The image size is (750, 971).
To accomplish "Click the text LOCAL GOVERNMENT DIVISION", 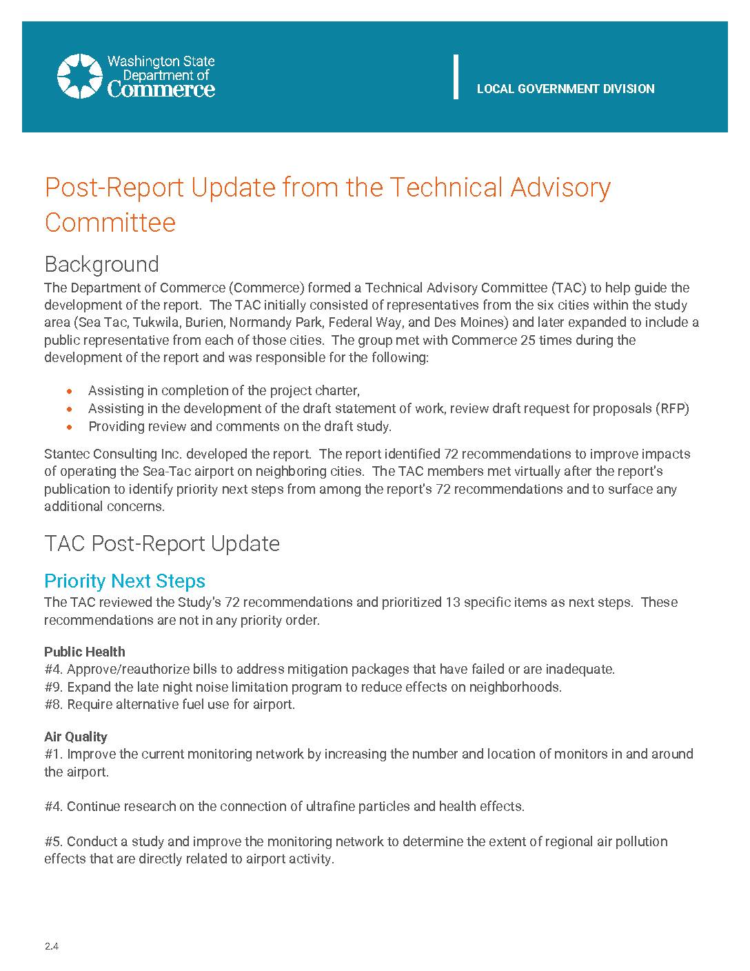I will click(565, 89).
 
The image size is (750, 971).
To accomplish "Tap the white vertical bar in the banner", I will click(456, 76).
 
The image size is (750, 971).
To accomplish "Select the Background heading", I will click(101, 264).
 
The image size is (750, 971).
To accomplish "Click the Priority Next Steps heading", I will click(125, 581).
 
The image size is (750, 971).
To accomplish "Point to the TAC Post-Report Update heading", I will click(162, 543).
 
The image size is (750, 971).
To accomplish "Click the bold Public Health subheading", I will click(85, 652).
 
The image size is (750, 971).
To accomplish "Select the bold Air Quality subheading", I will click(76, 737).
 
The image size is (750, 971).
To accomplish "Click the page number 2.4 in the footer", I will click(52, 947).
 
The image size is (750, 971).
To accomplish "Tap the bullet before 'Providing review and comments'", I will click(69, 427).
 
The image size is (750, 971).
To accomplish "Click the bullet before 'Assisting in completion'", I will click(69, 391).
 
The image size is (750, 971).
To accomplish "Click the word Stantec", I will click(65, 454).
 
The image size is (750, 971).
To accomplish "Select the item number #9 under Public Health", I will click(54, 687).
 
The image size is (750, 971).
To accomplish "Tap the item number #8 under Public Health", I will click(54, 705).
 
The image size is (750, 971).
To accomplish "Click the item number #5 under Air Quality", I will click(54, 841).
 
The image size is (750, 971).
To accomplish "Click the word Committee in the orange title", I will click(110, 223).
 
